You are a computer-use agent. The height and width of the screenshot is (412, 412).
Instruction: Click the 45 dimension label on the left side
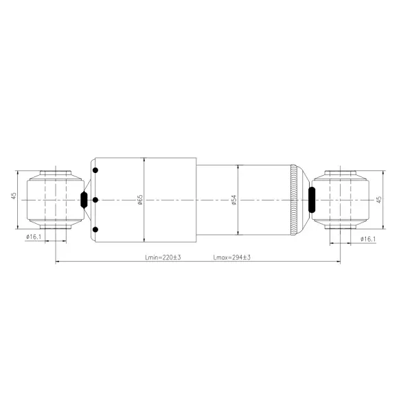coord(14,198)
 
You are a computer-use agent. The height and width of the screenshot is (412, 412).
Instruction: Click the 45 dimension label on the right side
coord(379,199)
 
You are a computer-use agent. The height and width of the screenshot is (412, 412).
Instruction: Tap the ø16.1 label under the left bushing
coord(34,238)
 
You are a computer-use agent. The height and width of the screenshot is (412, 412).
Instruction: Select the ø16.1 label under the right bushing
coord(368,238)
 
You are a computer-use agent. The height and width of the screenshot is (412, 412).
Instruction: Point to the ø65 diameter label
coord(139,199)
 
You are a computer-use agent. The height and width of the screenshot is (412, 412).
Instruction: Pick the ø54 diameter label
coord(233,200)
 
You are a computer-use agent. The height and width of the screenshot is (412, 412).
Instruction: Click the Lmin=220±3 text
coord(163,257)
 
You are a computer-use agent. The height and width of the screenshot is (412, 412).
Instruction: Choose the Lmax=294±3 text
coord(232,257)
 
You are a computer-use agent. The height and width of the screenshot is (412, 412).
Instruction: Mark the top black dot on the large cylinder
coord(95,170)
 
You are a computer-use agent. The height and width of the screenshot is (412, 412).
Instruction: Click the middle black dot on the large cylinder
coord(95,200)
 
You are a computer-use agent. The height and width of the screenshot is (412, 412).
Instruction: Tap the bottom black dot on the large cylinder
coord(95,229)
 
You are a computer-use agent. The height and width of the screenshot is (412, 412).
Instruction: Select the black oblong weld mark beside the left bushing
coord(84,200)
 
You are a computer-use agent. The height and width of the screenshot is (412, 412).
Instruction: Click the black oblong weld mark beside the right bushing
coord(312,200)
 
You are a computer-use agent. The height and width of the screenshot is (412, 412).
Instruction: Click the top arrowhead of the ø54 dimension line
coord(238,167)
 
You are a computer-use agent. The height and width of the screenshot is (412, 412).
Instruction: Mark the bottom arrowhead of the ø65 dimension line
coord(144,240)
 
